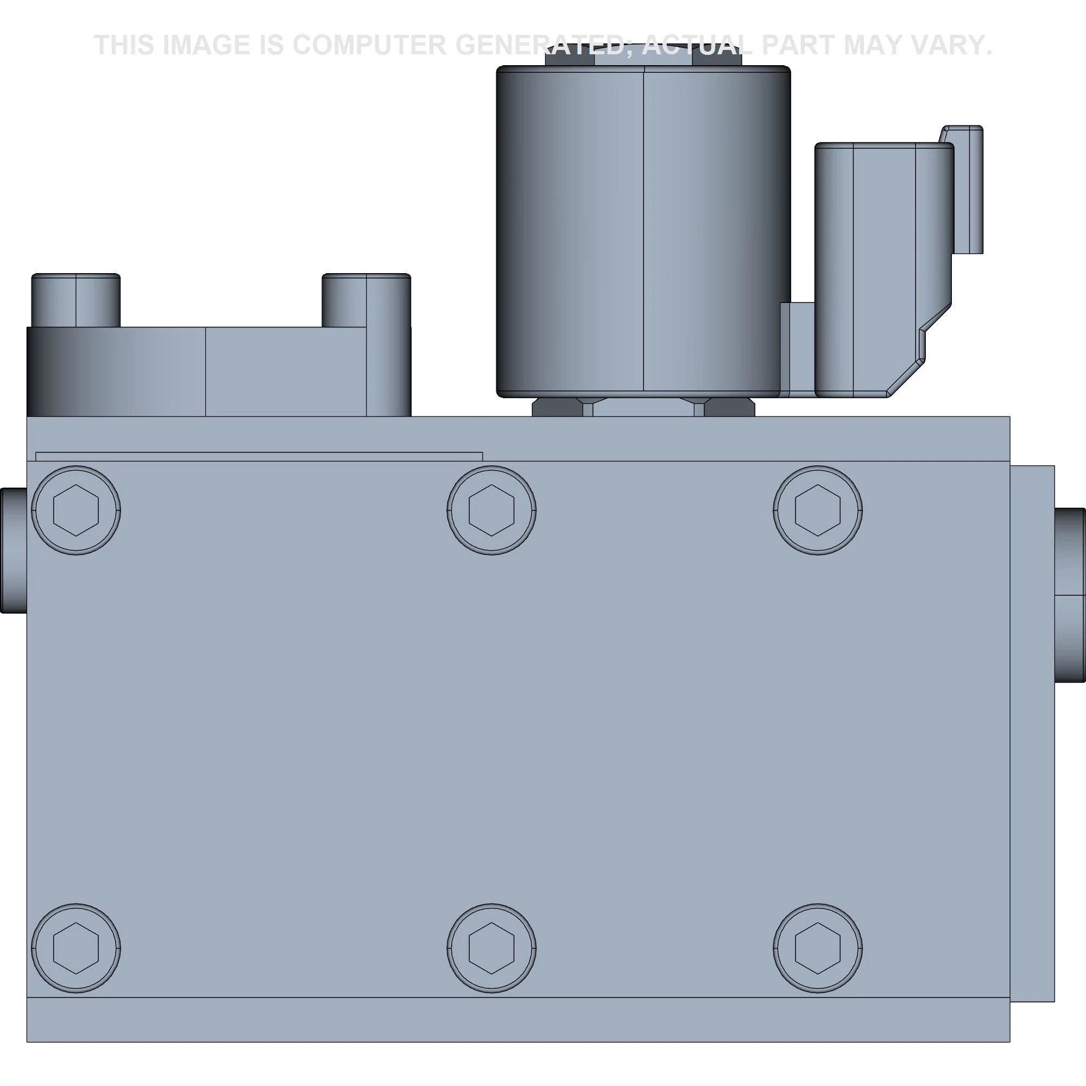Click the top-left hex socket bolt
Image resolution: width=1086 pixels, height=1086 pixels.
[76, 510]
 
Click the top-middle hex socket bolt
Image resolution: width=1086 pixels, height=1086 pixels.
[491, 510]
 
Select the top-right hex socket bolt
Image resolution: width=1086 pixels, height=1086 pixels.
[817, 510]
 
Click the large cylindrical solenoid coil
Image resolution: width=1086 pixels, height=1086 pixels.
[643, 230]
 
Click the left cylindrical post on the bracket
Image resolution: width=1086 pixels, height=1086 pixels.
[76, 300]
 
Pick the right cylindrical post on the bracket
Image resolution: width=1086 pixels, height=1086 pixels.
[366, 300]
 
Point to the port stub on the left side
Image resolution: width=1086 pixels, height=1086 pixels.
[13, 550]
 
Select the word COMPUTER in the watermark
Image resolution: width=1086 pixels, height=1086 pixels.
[369, 45]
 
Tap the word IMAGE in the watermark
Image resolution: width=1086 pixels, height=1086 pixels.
[206, 45]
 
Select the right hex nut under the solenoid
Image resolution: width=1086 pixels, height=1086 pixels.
[729, 408]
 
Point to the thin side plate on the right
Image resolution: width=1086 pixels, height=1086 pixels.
[1032, 731]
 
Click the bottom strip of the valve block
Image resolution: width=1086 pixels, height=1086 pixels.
[517, 1019]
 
